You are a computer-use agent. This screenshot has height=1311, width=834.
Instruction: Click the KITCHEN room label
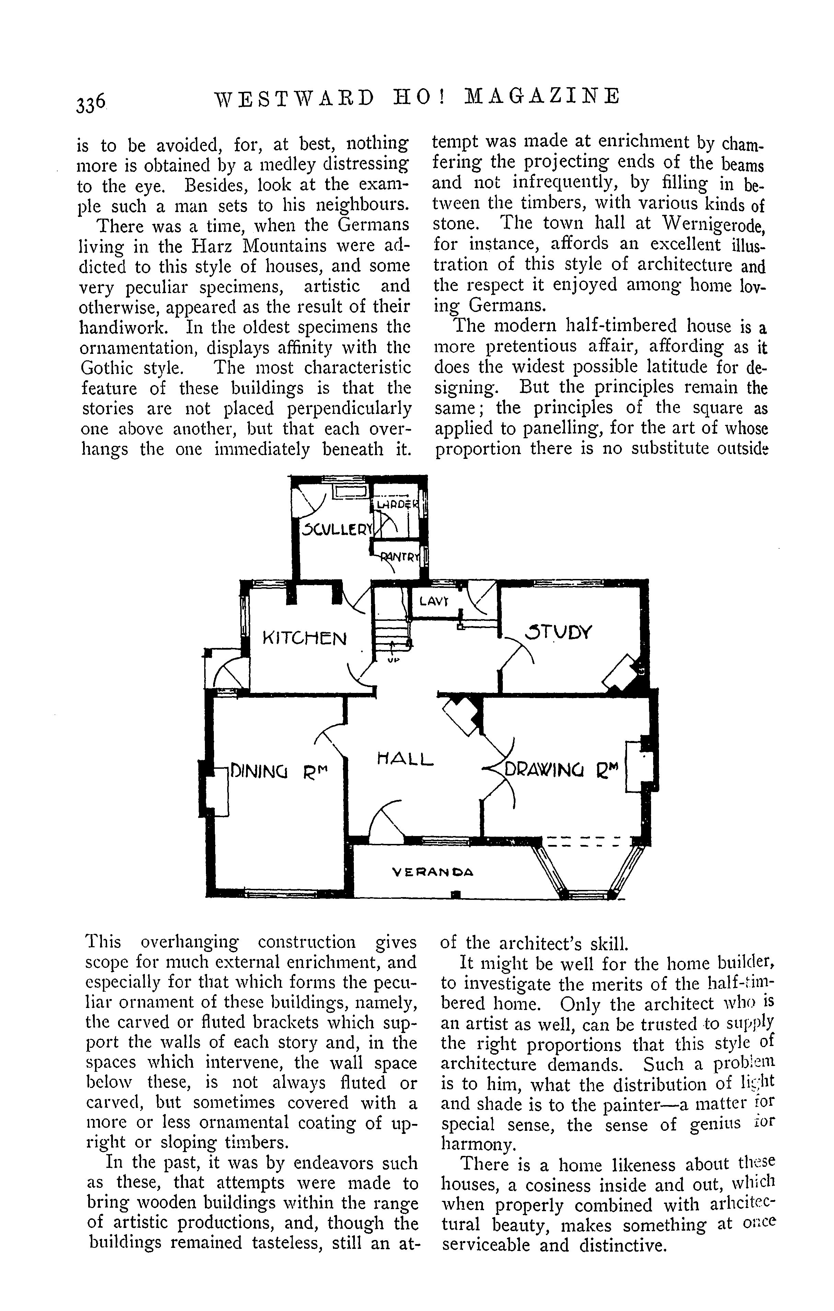point(304,638)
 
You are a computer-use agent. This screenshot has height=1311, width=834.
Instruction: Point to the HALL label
point(405,758)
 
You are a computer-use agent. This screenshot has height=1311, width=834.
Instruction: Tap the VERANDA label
point(433,872)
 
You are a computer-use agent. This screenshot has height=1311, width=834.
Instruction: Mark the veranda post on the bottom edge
point(457,893)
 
